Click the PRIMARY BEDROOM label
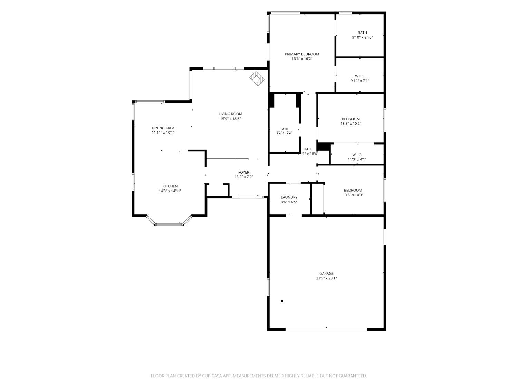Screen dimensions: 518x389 tap(302, 54)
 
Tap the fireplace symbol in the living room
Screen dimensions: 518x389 tap(257, 78)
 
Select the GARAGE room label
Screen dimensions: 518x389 tap(327, 274)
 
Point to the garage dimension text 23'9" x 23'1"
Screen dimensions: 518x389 tap(326, 278)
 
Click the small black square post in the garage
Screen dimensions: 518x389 tap(282, 301)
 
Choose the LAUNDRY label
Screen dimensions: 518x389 tap(289, 197)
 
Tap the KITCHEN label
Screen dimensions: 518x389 tap(170, 186)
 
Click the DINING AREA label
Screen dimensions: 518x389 tap(163, 128)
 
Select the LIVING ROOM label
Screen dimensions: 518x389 tap(230, 114)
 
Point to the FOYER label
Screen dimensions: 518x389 tap(243, 173)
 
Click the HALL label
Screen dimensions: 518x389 tap(308, 149)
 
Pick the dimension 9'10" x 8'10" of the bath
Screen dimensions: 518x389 tap(362, 37)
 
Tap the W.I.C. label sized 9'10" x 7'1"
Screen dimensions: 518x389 tap(359, 76)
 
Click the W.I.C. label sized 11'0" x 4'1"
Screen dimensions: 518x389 tap(357, 155)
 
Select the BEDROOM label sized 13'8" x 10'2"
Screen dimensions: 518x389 tap(351, 119)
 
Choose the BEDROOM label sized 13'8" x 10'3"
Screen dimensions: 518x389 tap(353, 191)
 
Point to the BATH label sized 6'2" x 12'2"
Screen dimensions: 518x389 tap(284, 129)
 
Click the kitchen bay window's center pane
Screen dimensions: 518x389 tap(169, 224)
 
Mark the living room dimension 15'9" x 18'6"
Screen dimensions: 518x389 tap(230, 119)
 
